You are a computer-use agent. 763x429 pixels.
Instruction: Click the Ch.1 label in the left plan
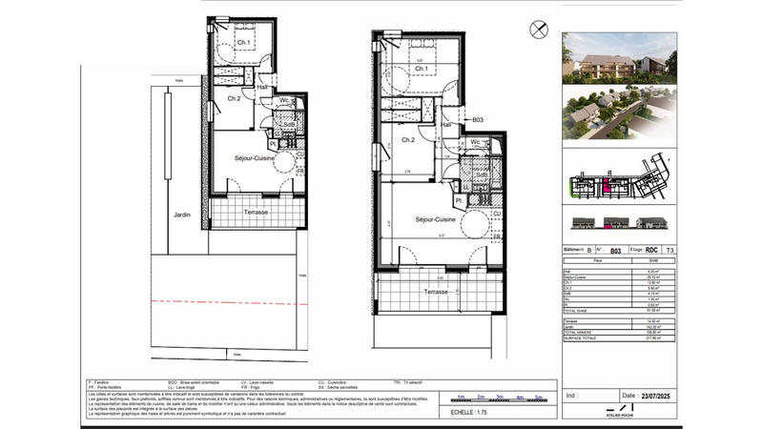click(x=244, y=43)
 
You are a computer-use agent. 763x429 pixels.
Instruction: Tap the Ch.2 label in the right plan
click(x=407, y=140)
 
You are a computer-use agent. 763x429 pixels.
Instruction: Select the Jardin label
click(x=181, y=214)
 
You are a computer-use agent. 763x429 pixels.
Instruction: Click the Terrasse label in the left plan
click(x=256, y=212)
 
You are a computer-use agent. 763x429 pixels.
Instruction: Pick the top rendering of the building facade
click(x=616, y=58)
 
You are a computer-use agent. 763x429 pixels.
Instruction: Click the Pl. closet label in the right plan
click(x=459, y=201)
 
